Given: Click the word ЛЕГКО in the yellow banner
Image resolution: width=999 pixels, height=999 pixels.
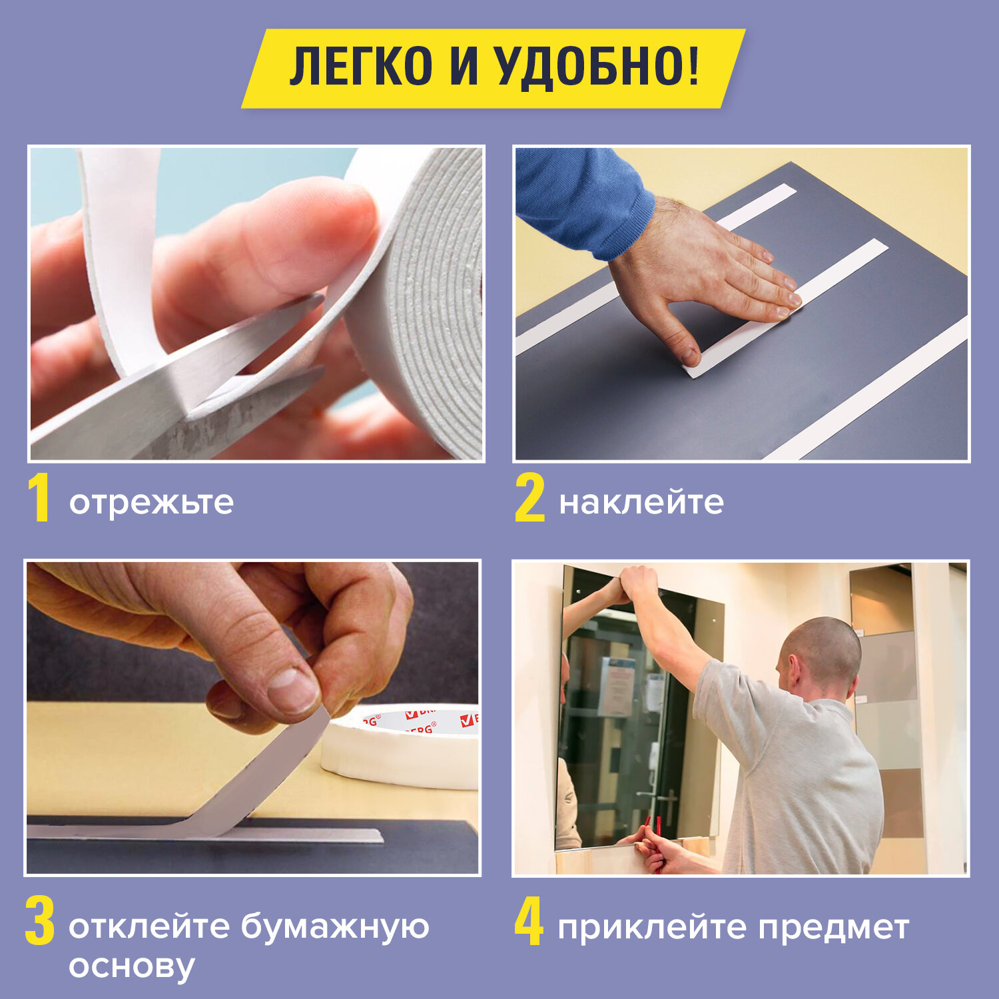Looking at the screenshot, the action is (361, 67).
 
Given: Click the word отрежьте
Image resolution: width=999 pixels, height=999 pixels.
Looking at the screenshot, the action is (151, 503).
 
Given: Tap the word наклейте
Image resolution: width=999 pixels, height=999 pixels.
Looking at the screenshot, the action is (641, 503).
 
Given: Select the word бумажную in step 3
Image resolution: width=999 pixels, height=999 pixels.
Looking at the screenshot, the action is (335, 927).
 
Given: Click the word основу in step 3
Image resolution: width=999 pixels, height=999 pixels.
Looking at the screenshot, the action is (131, 967).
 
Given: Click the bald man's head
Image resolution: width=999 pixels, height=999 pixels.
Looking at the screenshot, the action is (821, 655).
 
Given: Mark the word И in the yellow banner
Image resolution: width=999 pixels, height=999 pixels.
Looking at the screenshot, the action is (464, 67).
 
